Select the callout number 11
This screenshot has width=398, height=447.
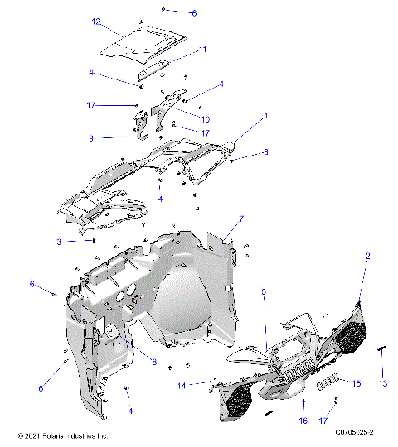pos(201,50)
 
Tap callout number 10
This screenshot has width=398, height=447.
pos(205,118)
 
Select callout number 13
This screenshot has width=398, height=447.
pos(383,384)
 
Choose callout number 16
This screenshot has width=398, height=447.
pos(304,421)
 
